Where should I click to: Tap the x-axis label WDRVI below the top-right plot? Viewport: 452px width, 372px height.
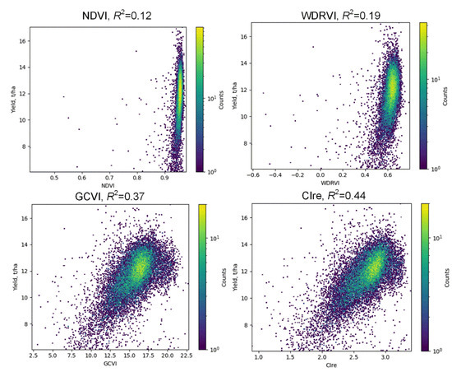click(x=333, y=184)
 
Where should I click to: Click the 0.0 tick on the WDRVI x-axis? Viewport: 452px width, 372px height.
click(x=321, y=175)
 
